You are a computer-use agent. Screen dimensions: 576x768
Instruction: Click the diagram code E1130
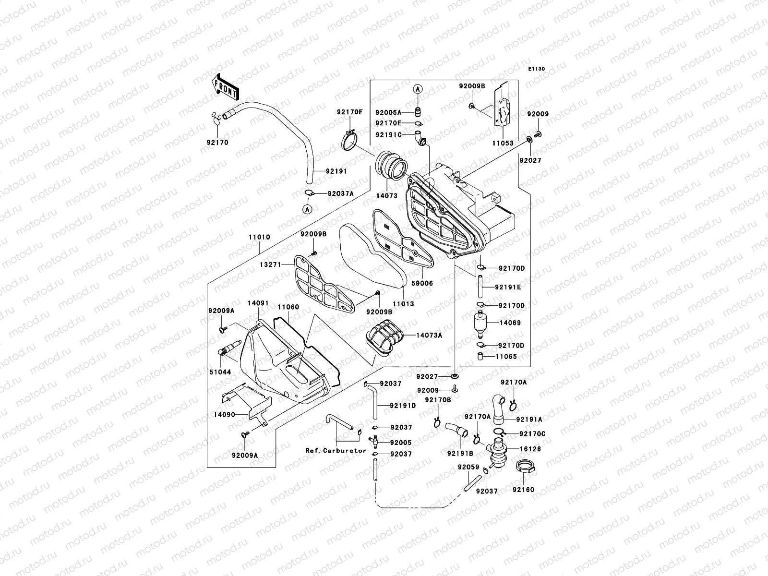(537, 69)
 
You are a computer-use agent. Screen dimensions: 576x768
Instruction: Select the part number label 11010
(259, 237)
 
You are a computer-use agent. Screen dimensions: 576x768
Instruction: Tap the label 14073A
(429, 336)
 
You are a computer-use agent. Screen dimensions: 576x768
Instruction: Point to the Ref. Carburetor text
(336, 451)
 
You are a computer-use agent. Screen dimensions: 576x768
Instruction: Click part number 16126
(530, 449)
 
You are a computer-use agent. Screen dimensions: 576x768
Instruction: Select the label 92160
(523, 490)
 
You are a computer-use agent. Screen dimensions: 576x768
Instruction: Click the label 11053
(503, 143)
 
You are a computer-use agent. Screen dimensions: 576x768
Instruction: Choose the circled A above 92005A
(418, 89)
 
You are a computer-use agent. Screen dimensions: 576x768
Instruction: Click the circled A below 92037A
(307, 209)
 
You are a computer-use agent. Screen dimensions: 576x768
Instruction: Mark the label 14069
(510, 323)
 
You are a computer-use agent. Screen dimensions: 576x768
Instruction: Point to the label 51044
(219, 372)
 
